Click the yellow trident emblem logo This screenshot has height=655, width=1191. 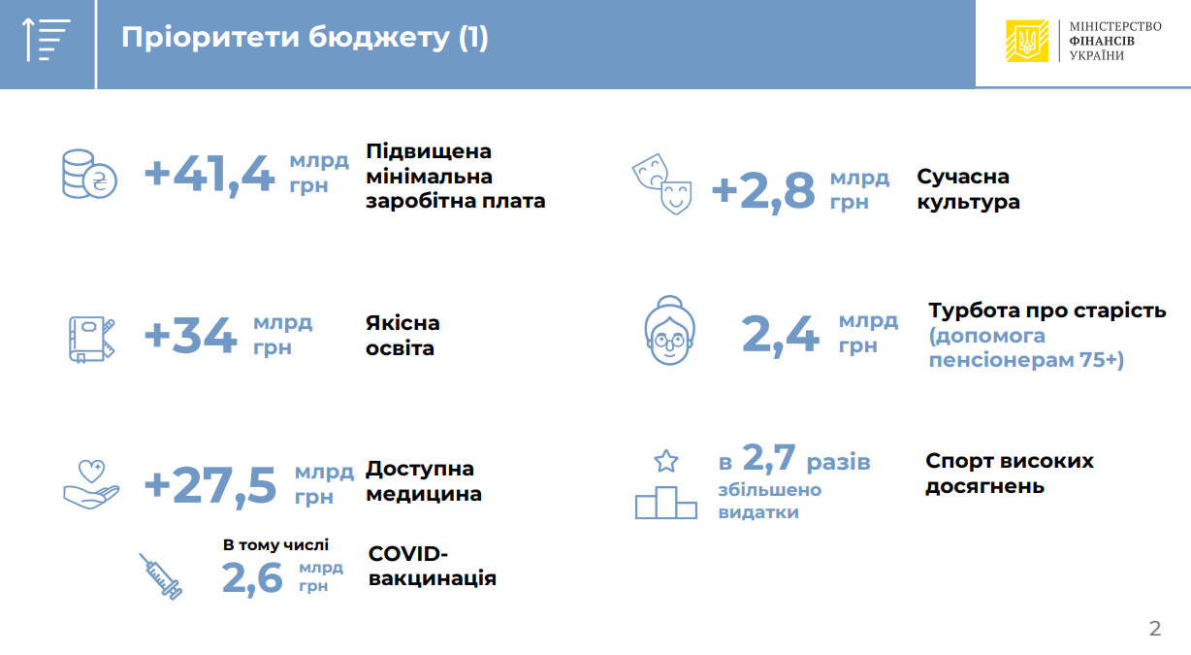1027,41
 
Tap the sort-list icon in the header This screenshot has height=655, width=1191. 47,40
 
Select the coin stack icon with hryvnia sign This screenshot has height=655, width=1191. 89,174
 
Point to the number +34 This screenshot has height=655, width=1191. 190,335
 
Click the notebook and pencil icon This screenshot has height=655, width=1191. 91,340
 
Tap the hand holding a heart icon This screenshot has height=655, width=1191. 91,484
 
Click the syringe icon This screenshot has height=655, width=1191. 161,576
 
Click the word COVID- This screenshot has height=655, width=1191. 407,554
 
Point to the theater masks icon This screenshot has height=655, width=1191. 662,184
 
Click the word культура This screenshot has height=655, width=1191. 968,203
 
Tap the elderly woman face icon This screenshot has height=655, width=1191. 669,331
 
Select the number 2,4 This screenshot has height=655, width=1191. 780,335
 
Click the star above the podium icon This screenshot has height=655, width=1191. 666,461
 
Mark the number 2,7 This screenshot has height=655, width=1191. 769,458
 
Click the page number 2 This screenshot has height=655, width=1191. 1155,629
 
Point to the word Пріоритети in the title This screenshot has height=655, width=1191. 211,38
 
